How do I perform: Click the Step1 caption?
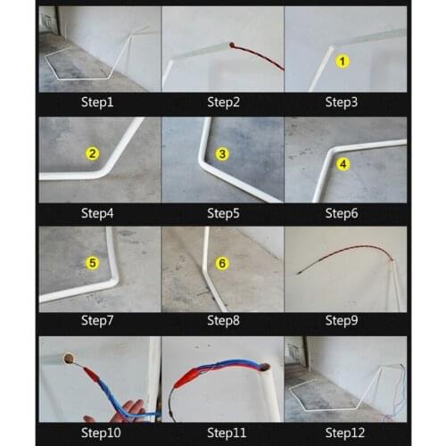tap(99, 103)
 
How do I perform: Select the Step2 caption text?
tap(223, 103)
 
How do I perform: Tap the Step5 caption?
tap(223, 212)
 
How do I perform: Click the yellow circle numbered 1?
tap(342, 62)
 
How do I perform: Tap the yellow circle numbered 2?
tap(92, 153)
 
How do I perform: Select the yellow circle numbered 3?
tap(222, 153)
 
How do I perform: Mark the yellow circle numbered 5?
tap(92, 263)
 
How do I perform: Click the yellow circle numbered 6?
tap(222, 263)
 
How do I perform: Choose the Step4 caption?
tap(99, 212)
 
